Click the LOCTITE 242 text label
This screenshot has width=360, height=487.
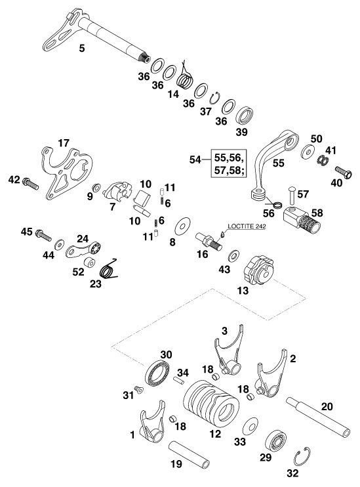point(247,226)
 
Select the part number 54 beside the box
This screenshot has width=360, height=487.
point(195,159)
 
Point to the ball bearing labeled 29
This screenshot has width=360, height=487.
point(275,440)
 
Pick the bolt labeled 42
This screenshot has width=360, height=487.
point(30,183)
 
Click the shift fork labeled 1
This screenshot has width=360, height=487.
point(152,423)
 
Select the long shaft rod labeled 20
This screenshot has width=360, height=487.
point(318,417)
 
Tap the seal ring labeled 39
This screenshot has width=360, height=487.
point(245,116)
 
